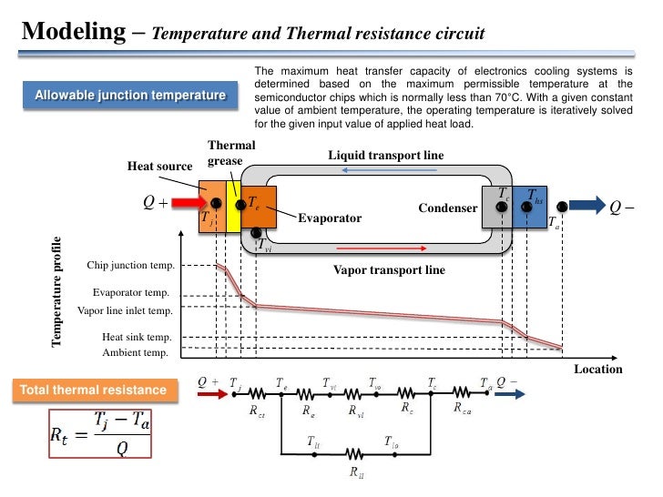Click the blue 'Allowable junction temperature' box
click(x=129, y=96)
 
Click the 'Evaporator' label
click(x=330, y=218)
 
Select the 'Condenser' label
click(x=447, y=208)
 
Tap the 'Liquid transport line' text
click(x=385, y=156)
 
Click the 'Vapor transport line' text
click(x=389, y=269)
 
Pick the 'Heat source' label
click(x=159, y=166)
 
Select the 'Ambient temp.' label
click(x=135, y=352)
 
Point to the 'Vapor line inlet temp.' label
click(x=125, y=310)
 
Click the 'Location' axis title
click(x=597, y=369)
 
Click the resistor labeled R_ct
click(x=258, y=393)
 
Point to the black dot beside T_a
click(x=563, y=206)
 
